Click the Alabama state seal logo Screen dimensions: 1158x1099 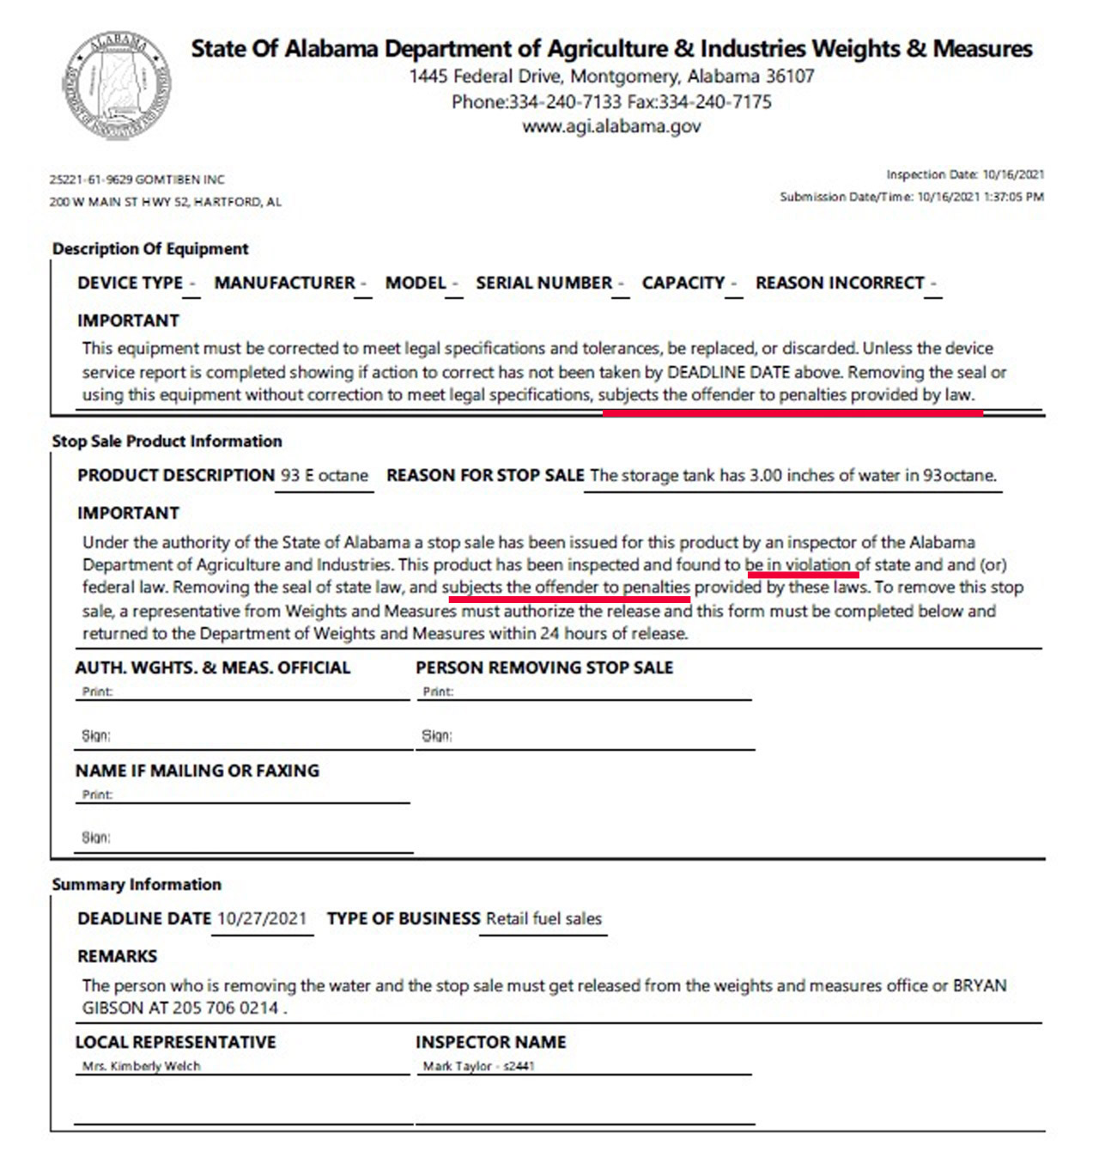pos(117,85)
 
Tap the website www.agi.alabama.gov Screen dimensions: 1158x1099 pos(611,126)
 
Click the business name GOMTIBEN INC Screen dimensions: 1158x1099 pos(179,180)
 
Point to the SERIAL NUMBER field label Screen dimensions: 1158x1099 pos(544,283)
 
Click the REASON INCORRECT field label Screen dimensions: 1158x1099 pos(840,283)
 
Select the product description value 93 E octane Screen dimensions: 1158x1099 pos(325,475)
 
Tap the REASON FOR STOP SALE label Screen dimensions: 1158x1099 pos(485,475)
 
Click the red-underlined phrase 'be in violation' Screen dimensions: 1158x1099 pos(798,564)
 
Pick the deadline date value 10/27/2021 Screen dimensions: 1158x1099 pos(262,918)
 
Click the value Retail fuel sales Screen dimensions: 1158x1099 pos(543,918)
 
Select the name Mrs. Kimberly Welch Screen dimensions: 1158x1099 pos(142,1066)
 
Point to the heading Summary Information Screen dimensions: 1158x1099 pos(137,884)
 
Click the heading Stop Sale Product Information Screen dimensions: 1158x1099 pos(167,441)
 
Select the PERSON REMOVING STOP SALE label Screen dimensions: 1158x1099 pos(544,667)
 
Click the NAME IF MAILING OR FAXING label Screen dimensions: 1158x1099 pos(197,771)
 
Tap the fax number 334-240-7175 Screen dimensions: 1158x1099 pos(714,101)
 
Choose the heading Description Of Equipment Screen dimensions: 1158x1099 pos(150,248)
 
